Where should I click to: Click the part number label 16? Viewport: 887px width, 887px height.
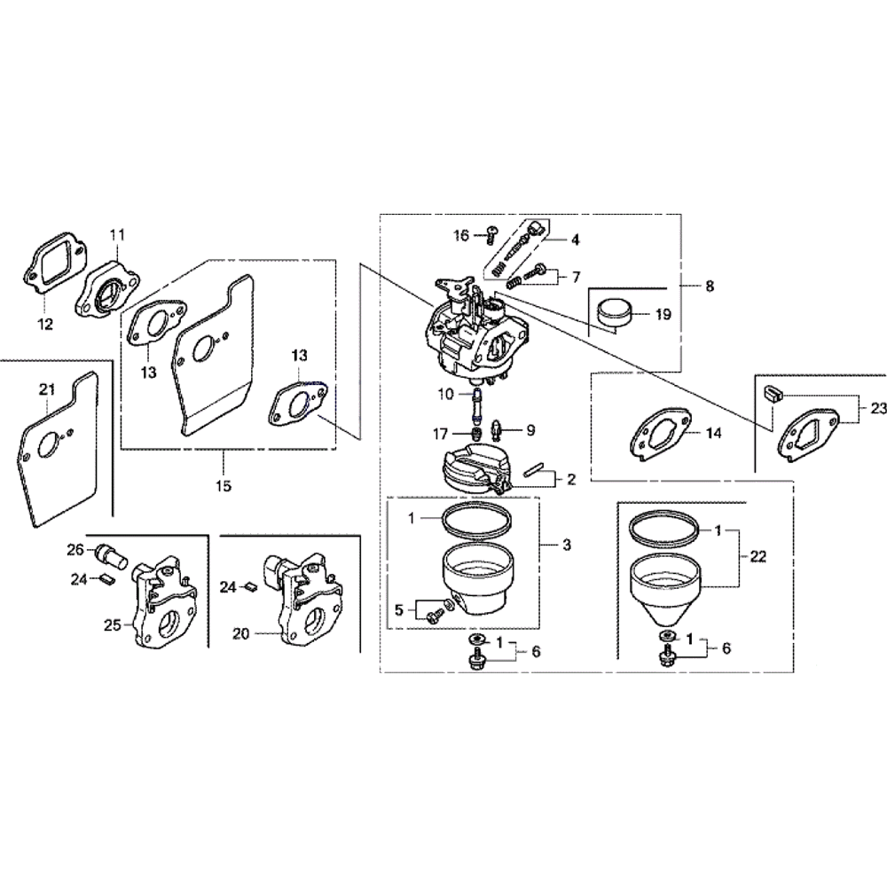(x=461, y=235)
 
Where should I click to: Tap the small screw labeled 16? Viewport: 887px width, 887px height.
(x=491, y=233)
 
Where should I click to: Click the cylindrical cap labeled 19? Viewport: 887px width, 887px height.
(x=614, y=314)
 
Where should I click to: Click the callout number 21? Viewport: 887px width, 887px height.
(x=47, y=389)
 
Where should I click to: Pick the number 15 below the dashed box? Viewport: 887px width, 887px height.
(x=224, y=485)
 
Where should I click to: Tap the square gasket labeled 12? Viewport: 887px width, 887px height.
(x=55, y=264)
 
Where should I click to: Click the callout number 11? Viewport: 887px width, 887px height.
(x=117, y=234)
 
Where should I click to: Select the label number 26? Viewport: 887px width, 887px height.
(x=75, y=549)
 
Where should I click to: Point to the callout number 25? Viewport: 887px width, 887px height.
(x=114, y=625)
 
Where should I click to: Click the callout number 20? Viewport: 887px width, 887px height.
(x=241, y=634)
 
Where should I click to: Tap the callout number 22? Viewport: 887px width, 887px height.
(x=757, y=556)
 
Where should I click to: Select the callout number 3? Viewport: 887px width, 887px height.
(x=567, y=545)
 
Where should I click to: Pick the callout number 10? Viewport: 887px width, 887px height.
(x=446, y=394)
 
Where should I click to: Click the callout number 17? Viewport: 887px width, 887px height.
(x=440, y=435)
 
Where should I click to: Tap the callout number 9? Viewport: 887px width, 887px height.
(x=530, y=430)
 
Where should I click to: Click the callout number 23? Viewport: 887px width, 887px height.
(x=878, y=408)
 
